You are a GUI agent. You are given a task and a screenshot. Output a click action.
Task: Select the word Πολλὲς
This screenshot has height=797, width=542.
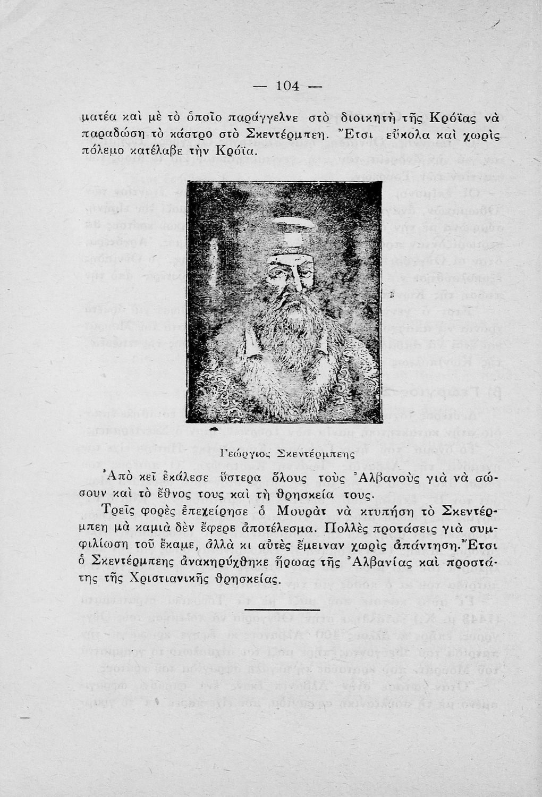(350, 530)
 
